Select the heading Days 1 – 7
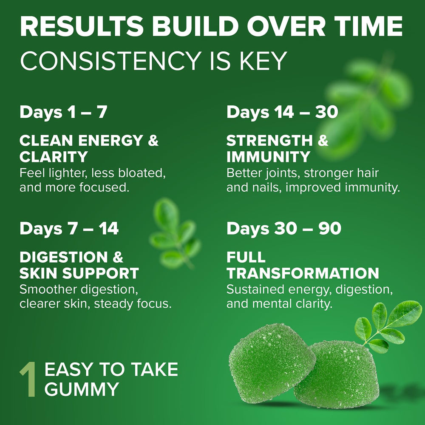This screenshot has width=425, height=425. pos(63,113)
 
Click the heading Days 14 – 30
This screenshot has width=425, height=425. pos(282,113)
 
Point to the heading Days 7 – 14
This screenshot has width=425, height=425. pos(69,229)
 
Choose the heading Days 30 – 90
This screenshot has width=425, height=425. pos(283,229)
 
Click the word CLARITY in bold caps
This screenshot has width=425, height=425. pos(54,157)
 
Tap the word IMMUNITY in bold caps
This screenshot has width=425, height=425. pos(268,157)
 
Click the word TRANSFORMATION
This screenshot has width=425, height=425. pos(303,273)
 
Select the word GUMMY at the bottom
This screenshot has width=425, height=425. pos(81,389)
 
